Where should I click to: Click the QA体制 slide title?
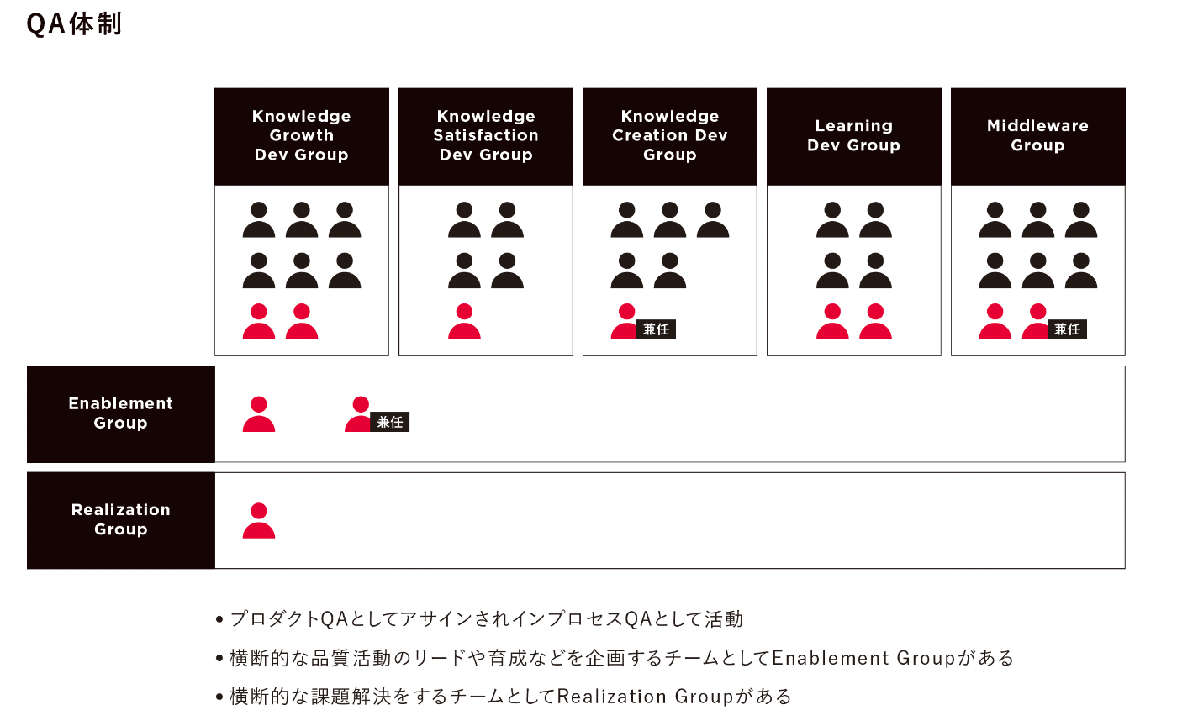pyautogui.click(x=74, y=24)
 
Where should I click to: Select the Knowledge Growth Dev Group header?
pyautogui.click(x=302, y=136)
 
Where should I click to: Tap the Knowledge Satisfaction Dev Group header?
pyautogui.click(x=486, y=136)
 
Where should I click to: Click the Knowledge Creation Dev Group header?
pyautogui.click(x=670, y=136)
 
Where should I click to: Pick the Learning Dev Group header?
pyautogui.click(x=854, y=136)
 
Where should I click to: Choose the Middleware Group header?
pyautogui.click(x=1037, y=136)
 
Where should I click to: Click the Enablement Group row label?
pyautogui.click(x=121, y=414)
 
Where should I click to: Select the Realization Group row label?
pyautogui.click(x=121, y=520)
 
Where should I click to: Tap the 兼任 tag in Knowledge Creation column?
pyautogui.click(x=656, y=329)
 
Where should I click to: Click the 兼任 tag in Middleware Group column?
pyautogui.click(x=1067, y=329)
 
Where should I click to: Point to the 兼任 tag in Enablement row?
pyautogui.click(x=390, y=422)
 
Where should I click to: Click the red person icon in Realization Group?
pyautogui.click(x=259, y=521)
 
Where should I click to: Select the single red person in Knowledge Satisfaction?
pyautogui.click(x=464, y=322)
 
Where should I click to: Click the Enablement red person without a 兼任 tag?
pyautogui.click(x=259, y=414)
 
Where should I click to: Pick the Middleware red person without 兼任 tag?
pyautogui.click(x=995, y=322)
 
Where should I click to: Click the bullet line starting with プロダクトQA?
pyautogui.click(x=480, y=618)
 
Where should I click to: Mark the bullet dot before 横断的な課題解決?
pyautogui.click(x=219, y=697)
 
